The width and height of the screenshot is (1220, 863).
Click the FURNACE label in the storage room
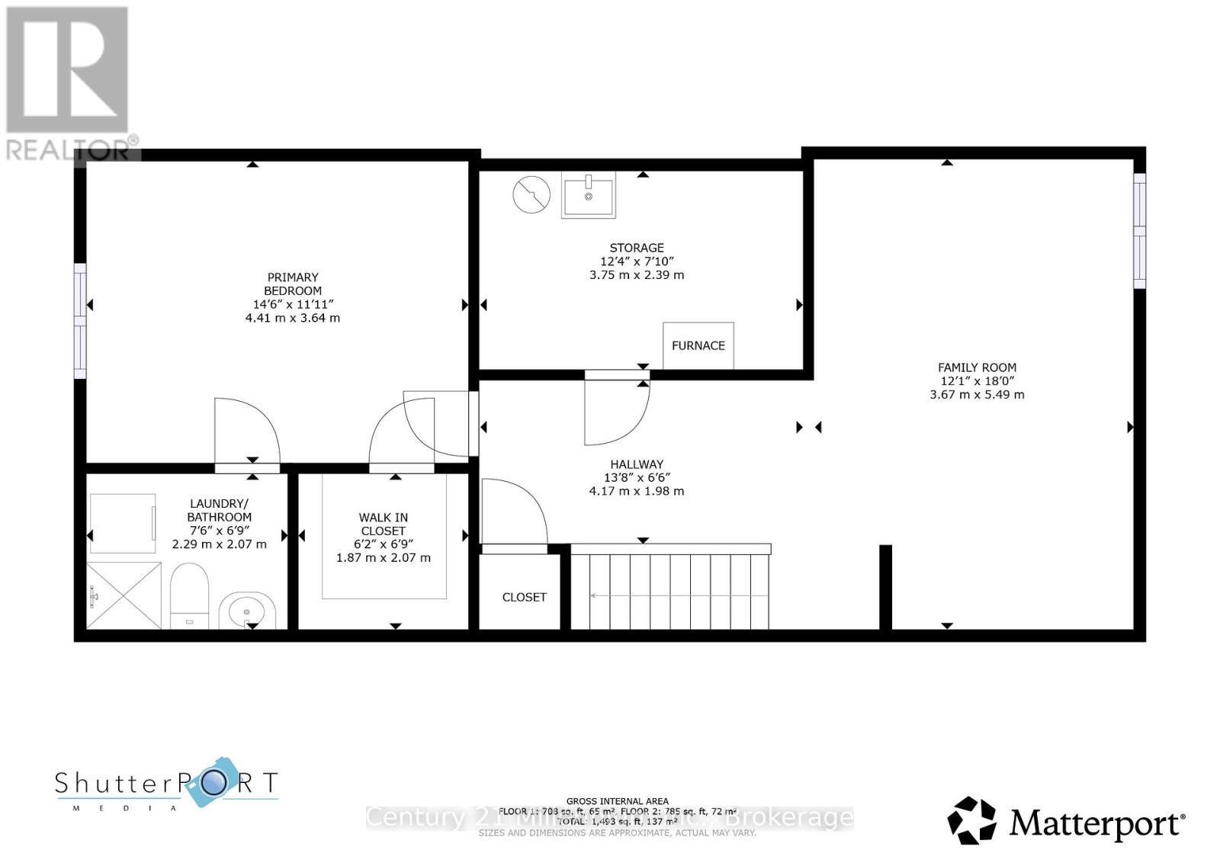coord(698,345)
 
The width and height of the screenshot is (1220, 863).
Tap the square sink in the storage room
coord(588,195)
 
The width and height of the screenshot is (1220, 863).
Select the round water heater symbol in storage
coord(531,194)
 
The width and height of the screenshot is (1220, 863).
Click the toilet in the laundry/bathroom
coord(188,595)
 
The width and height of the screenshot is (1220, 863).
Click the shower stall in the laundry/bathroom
coord(124,595)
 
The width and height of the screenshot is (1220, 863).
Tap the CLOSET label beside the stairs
coord(524,597)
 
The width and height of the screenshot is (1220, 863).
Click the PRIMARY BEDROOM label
coord(293,284)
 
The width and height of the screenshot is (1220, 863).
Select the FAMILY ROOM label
coord(977,367)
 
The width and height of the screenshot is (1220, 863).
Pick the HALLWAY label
coord(637,464)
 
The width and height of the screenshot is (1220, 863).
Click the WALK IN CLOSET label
coord(384,524)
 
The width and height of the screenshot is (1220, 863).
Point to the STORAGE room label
coord(637,248)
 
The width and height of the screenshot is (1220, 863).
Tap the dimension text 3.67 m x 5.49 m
coord(977,395)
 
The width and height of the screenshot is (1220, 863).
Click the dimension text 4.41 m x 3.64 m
coord(293,317)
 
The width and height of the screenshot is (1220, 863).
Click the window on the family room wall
coord(1139,231)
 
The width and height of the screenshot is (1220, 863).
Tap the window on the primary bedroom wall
coord(79,320)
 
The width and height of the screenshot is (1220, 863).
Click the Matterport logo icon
coord(971,820)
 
